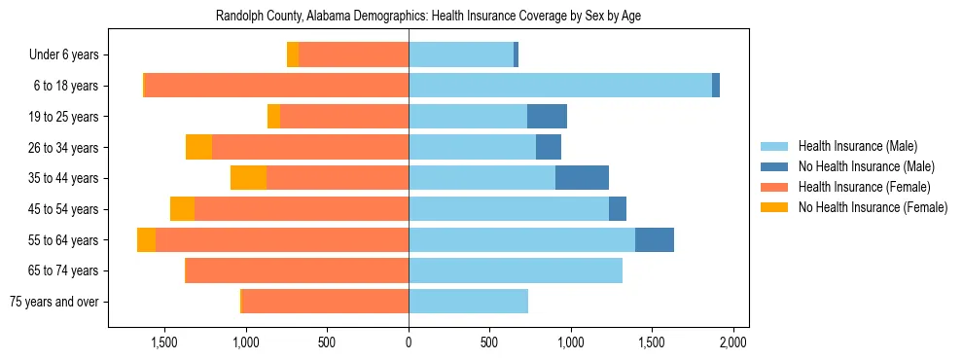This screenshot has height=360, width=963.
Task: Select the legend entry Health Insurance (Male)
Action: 857,146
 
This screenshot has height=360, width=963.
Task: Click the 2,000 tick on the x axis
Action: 732,342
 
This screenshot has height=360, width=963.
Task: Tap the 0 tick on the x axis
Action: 409,342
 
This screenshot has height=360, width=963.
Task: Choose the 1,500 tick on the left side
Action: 164,342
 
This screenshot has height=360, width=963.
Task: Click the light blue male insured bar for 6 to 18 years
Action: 559,86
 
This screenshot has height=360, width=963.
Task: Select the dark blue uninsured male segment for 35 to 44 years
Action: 582,178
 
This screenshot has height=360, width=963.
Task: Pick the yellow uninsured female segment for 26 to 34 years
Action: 198,147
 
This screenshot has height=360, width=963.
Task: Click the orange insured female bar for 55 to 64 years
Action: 282,239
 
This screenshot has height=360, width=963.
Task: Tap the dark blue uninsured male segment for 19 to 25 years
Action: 547,117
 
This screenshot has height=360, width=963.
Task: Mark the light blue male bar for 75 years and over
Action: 468,302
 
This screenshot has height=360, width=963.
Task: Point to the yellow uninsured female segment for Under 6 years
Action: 293,55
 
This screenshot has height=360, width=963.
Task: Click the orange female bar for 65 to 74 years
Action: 297,270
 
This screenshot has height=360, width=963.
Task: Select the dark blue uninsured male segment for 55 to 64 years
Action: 655,239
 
